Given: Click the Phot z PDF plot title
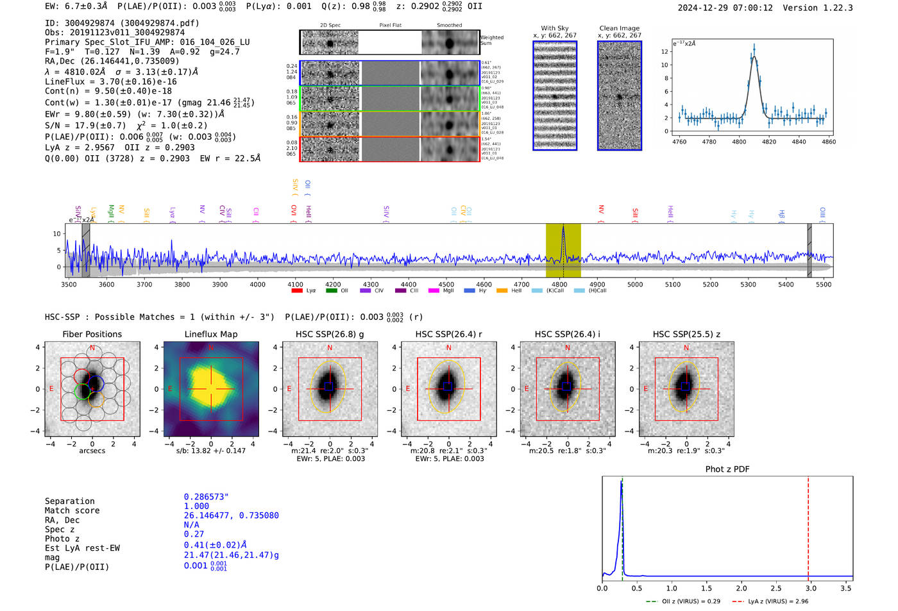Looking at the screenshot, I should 727,469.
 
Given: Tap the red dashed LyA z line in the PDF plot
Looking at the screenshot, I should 808,526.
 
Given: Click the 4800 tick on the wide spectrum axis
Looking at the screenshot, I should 559,285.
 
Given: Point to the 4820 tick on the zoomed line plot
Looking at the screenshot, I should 769,142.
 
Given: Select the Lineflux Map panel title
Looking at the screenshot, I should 211,334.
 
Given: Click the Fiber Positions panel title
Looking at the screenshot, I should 92,334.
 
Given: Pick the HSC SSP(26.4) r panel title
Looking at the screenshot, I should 448,334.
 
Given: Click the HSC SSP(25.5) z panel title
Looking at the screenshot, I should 686,334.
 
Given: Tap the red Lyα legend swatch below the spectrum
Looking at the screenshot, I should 297,291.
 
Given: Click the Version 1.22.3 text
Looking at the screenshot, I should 827,8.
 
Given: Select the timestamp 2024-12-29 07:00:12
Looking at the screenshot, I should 725,8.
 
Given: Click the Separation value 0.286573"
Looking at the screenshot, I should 207,497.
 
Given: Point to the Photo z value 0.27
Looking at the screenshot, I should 194,534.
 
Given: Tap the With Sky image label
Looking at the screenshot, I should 555,28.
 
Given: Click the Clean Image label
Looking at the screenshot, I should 620,28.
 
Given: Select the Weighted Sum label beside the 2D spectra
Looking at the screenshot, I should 491,40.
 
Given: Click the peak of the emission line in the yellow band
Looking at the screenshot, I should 563,227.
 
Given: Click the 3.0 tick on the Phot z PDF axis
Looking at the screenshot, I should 811,588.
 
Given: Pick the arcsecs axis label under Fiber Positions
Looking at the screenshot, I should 92,451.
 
